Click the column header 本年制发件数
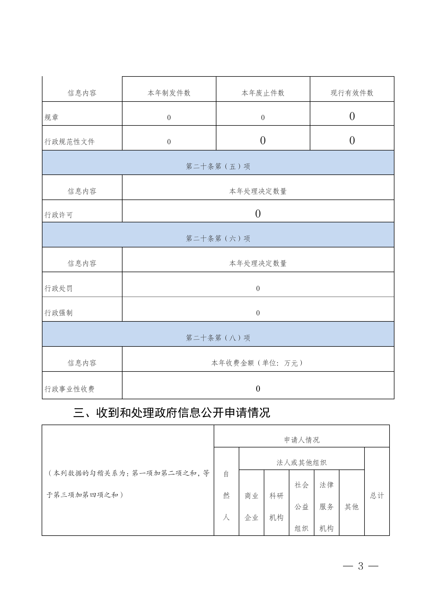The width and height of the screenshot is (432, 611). [169, 93]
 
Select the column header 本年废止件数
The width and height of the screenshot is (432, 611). [263, 93]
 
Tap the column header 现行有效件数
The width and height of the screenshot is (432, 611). [352, 93]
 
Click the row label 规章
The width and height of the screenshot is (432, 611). [52, 118]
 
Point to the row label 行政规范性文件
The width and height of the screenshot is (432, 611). [69, 142]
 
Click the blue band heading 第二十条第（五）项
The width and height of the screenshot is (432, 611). [218, 166]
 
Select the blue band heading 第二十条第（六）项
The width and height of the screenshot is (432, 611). [218, 238]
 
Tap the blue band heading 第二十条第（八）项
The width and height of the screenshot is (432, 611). [218, 338]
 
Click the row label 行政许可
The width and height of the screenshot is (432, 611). [59, 215]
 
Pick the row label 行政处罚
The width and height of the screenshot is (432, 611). [59, 288]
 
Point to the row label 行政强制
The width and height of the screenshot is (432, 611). [59, 313]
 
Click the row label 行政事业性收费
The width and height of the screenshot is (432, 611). [69, 389]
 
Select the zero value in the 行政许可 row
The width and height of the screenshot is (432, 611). [258, 214]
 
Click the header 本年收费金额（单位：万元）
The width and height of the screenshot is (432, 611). [258, 363]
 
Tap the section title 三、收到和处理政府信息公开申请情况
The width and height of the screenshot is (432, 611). [172, 413]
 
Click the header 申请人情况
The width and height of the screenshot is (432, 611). [302, 440]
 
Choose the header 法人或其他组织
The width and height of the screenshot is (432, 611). [301, 462]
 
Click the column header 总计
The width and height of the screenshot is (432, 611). [377, 495]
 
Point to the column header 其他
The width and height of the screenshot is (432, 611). [351, 506]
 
